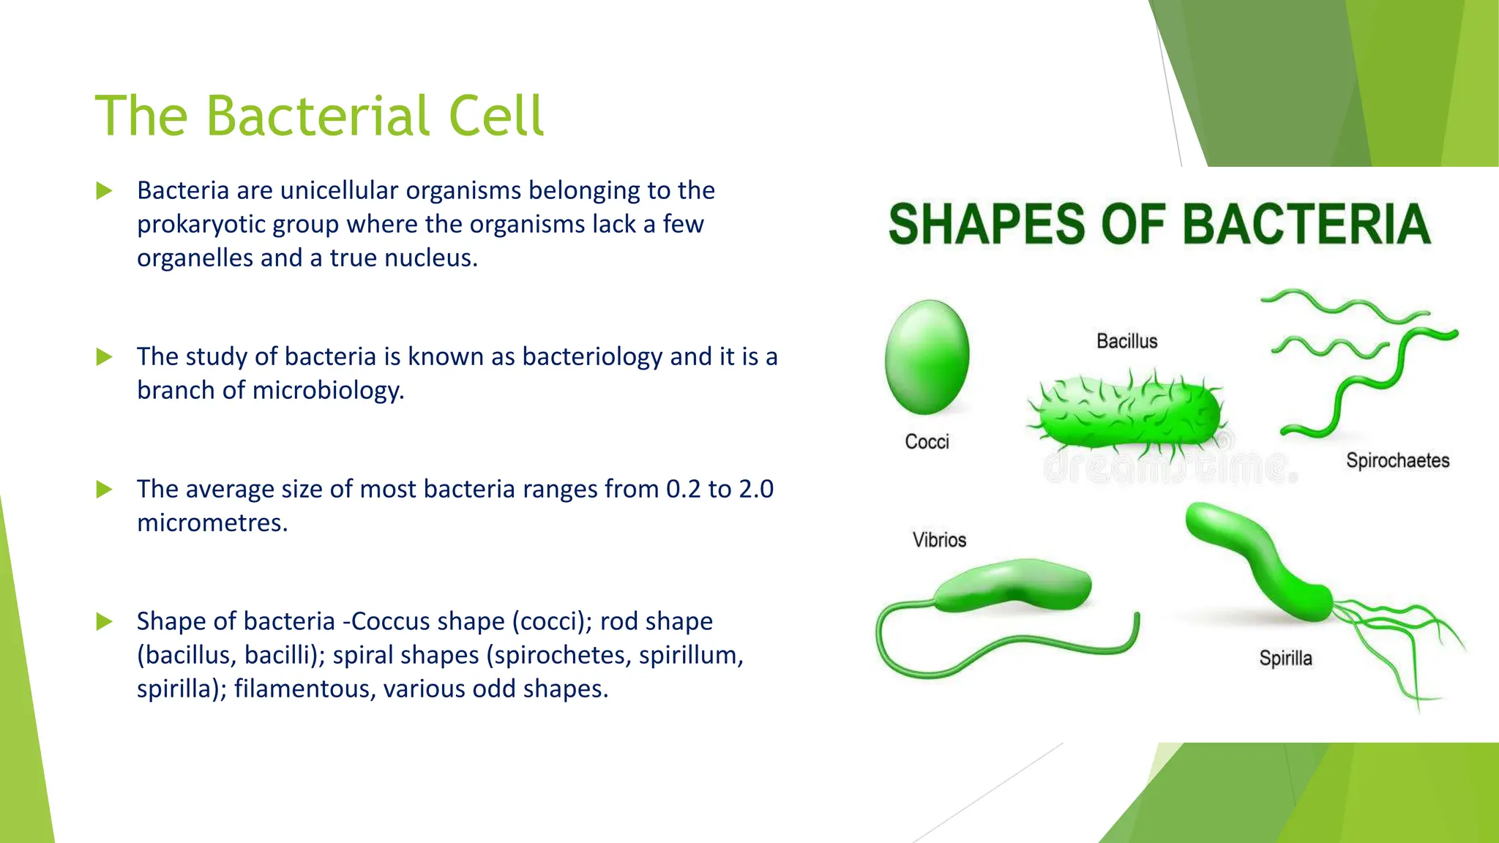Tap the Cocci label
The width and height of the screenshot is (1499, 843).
click(x=927, y=442)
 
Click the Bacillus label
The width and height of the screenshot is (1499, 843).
click(x=1126, y=341)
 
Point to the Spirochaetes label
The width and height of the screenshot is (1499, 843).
click(x=1397, y=460)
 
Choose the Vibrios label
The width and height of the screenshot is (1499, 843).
click(x=939, y=540)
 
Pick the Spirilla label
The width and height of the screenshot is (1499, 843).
click(x=1285, y=659)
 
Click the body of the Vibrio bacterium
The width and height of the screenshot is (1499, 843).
click(x=1014, y=585)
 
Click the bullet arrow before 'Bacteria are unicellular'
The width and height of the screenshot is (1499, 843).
click(x=104, y=191)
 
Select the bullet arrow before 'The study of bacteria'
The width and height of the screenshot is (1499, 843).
click(x=104, y=357)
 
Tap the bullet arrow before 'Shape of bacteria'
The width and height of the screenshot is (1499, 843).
click(x=104, y=622)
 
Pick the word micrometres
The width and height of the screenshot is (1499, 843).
click(x=212, y=522)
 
